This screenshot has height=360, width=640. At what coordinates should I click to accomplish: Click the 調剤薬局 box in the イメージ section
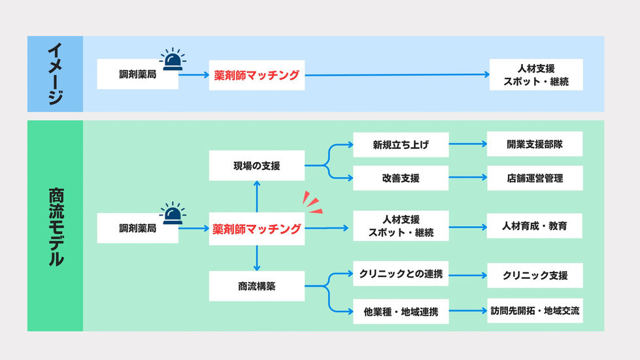click(x=137, y=74)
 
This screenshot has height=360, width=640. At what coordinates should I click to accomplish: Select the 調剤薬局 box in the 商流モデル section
click(x=137, y=228)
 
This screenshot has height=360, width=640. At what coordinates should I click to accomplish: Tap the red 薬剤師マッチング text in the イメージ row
click(x=256, y=75)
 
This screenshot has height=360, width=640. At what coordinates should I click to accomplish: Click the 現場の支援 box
click(x=256, y=166)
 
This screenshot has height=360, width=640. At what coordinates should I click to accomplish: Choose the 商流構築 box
click(x=256, y=286)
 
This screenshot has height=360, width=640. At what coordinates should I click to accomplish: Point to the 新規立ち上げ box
click(x=401, y=144)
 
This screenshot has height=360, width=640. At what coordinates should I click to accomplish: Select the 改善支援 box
click(x=401, y=178)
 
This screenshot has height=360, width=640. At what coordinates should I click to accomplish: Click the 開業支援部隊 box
click(x=534, y=144)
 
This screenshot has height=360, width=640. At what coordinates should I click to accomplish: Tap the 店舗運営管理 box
click(x=534, y=178)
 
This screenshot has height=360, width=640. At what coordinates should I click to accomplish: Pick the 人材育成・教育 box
click(x=534, y=226)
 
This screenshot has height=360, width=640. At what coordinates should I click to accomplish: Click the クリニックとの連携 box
click(x=401, y=274)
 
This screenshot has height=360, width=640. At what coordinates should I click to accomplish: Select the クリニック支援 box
click(x=534, y=275)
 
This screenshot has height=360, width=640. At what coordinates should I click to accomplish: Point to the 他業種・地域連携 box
click(x=401, y=312)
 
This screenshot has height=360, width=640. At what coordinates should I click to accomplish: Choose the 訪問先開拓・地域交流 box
click(x=534, y=310)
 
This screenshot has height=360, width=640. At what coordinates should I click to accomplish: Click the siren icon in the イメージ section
click(x=173, y=59)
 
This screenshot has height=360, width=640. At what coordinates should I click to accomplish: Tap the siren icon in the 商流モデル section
click(x=173, y=213)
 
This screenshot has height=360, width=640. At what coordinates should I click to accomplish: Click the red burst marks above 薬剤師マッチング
click(x=314, y=203)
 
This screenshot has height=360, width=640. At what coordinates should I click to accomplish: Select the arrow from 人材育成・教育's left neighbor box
click(x=467, y=227)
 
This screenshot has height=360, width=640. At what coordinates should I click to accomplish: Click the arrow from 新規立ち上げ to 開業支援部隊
click(x=467, y=144)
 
